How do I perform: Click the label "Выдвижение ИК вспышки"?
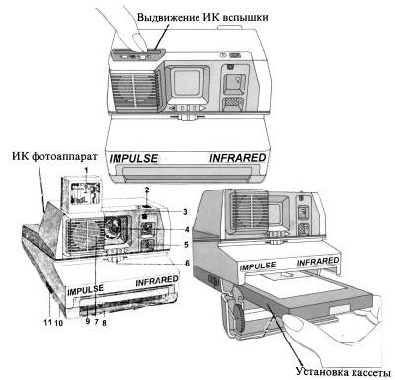(202, 17)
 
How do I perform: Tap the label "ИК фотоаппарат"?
(55, 156)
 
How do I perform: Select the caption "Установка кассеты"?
(343, 372)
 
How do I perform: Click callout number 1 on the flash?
(86, 170)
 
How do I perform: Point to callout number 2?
(147, 190)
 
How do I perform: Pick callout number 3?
(185, 212)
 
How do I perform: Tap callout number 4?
(187, 229)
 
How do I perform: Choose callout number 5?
(186, 245)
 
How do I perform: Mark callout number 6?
(187, 263)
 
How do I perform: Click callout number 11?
(48, 322)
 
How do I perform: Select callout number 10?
(59, 323)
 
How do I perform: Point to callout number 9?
(88, 322)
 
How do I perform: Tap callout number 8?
(104, 323)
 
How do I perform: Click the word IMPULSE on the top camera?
(133, 158)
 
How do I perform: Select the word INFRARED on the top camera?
(238, 158)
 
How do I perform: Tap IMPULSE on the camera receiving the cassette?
(258, 266)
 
